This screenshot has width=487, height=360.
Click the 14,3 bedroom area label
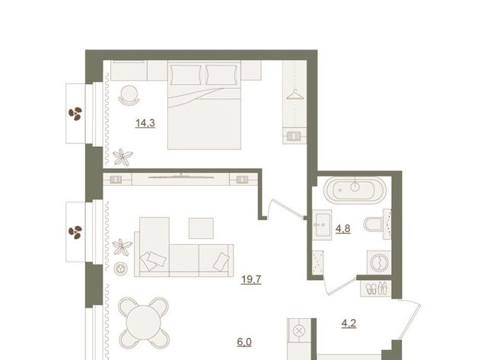(145, 123)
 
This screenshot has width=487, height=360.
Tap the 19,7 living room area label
(251, 279)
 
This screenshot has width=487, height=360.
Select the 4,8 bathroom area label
(343, 229)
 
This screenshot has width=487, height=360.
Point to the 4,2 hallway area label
(349, 323)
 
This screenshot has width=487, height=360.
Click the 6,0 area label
(244, 342)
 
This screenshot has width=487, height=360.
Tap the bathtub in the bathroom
(355, 190)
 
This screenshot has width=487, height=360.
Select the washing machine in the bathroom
(379, 263)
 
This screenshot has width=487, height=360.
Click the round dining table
(144, 323)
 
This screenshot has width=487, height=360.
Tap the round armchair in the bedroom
(129, 95)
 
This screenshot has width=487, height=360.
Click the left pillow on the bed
(186, 75)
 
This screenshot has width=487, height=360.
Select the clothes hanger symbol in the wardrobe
(295, 94)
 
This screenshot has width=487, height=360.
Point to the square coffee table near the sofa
(201, 228)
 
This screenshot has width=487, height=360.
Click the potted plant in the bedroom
(123, 158)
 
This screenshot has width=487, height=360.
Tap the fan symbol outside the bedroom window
(75, 113)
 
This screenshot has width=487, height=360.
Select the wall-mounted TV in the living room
(181, 177)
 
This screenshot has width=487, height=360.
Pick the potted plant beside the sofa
(122, 247)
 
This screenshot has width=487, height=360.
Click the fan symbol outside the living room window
(75, 232)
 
